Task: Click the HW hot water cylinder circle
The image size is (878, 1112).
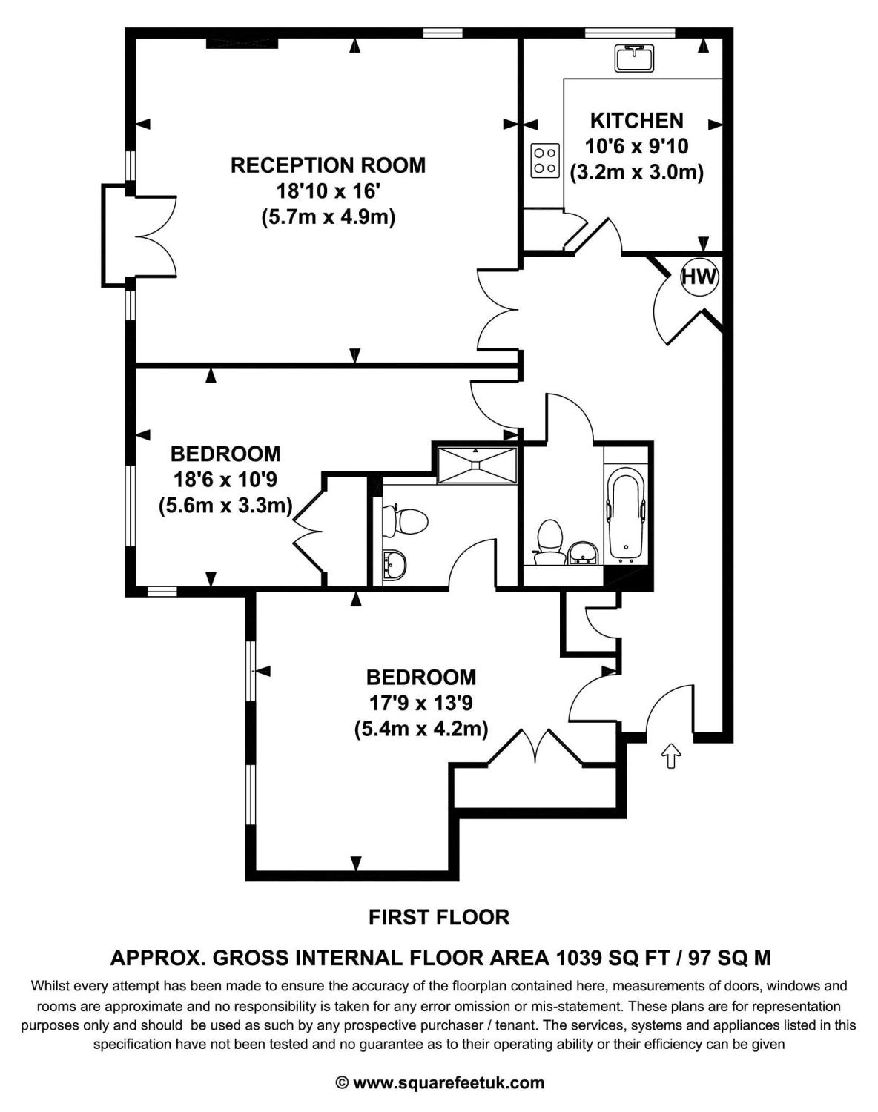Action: coord(699,277)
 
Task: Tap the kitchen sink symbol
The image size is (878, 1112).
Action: coord(634,58)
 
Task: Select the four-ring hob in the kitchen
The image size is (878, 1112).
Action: coord(545,160)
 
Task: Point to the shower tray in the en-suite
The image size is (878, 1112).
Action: coord(477,465)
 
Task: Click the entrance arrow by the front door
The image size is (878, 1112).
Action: coord(670,755)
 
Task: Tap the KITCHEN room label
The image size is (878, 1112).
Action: coord(636,120)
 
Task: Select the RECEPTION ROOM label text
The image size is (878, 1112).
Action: coord(329,165)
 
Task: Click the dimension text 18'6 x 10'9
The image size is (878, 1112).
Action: coord(225,480)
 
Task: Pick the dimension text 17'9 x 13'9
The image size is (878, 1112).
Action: coord(421,703)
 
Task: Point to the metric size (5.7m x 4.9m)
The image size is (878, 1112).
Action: coord(329,218)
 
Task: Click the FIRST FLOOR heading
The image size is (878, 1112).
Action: coord(439,917)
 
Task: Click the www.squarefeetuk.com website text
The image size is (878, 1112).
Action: coord(449,1082)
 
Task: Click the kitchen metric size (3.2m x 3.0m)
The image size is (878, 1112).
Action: coord(636,172)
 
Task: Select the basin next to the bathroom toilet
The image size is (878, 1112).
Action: coord(585,552)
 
